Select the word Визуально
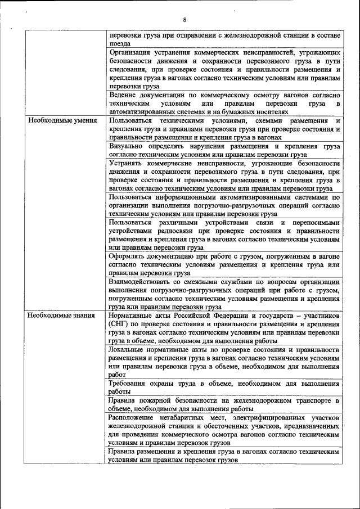pos(128,145)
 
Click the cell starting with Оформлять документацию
pos(224,264)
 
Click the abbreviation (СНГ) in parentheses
pos(120,325)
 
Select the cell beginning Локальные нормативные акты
pos(224,362)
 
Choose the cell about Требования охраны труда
pos(224,388)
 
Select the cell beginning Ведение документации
pos(224,104)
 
